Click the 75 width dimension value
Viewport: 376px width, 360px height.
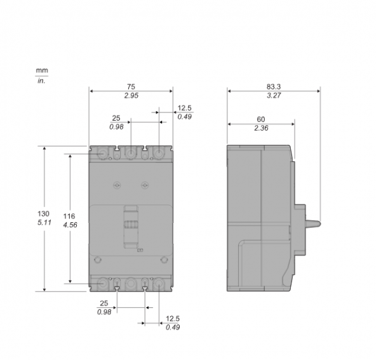131,86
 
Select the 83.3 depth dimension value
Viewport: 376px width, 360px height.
274,86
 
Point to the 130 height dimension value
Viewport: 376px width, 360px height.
43,213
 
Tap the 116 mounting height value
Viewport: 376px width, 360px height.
69,217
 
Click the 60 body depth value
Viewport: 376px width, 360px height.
261,119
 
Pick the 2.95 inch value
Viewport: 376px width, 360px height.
131,96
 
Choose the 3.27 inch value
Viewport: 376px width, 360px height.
274,95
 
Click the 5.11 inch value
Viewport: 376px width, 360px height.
44,222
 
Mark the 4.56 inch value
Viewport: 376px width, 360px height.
70,225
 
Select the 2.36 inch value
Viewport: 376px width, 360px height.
261,128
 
